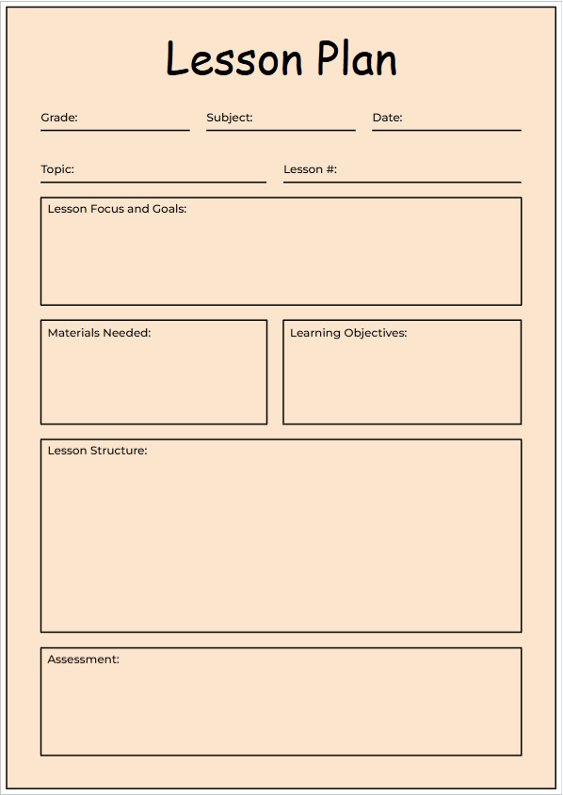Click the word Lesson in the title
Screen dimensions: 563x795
(x=234, y=59)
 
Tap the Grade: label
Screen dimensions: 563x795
(x=59, y=118)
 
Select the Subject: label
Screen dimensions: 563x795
(x=230, y=118)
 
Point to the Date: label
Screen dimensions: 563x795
(x=387, y=118)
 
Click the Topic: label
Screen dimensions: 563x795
(x=57, y=169)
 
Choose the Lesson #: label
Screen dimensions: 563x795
(x=310, y=169)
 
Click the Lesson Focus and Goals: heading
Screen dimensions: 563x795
(x=117, y=209)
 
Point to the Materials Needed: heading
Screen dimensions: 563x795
(x=99, y=333)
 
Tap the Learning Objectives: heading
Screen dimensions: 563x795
(x=348, y=333)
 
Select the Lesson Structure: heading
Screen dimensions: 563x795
(x=97, y=451)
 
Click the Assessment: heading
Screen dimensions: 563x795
(x=84, y=660)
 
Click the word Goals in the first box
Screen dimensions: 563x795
(x=169, y=209)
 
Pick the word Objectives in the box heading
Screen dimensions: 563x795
(x=376, y=333)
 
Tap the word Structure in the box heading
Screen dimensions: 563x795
(x=119, y=451)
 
